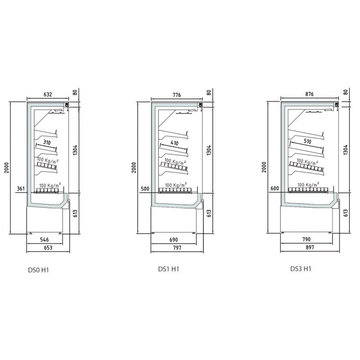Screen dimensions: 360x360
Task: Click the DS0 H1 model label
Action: (38, 270)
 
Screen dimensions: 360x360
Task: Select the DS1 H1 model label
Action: (168, 269)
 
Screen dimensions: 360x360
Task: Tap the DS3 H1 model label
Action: (301, 269)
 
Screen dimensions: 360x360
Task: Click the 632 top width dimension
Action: (48, 94)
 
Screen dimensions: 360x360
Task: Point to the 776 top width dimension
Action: (176, 95)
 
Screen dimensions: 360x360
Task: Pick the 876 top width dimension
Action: (309, 94)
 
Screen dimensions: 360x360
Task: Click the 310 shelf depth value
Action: (47, 143)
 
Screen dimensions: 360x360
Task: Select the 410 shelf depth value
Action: (175, 143)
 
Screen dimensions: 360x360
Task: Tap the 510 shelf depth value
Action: (307, 141)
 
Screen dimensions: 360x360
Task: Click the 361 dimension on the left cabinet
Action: (21, 189)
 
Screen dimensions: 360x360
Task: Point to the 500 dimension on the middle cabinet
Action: (145, 189)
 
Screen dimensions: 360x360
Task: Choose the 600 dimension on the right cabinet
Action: (275, 189)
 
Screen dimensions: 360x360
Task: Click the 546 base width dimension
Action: (44, 240)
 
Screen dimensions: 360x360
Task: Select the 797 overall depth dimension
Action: (177, 248)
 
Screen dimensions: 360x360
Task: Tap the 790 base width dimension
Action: (306, 239)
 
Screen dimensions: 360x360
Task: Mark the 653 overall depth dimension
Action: (48, 248)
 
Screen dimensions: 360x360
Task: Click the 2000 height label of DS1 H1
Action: (134, 167)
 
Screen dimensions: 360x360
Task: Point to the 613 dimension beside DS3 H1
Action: (346, 213)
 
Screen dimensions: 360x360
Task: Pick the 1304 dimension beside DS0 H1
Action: (75, 150)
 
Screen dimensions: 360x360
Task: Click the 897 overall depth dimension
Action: (310, 247)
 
